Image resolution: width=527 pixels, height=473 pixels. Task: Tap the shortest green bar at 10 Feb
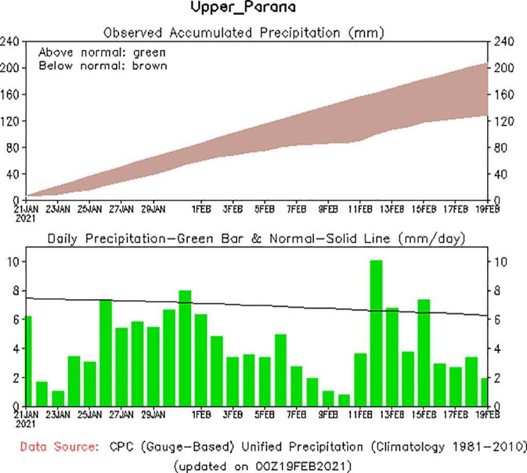344,400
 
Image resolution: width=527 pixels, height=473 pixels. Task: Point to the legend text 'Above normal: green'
102,52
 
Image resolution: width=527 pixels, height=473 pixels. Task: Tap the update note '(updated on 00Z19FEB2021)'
263,466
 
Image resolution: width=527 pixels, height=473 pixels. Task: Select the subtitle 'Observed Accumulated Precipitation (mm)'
244,33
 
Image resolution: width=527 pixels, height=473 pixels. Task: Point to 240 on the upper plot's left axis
10,42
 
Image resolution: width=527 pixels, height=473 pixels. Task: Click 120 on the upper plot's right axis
502,121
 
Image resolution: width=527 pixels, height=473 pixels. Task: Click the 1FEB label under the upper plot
201,209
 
